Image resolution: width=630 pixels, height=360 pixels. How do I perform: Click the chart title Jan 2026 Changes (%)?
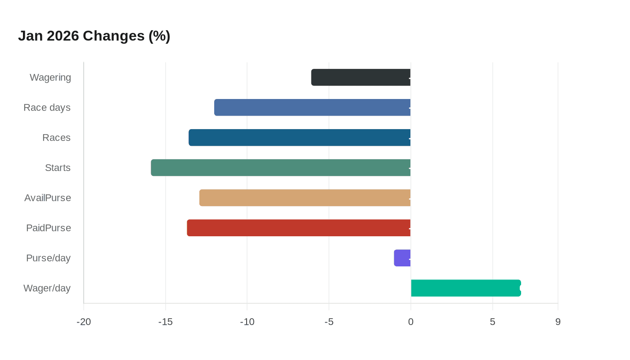click(x=94, y=36)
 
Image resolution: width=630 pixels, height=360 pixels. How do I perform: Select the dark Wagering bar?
click(x=361, y=77)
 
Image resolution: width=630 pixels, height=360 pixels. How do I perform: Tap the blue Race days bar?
click(x=312, y=108)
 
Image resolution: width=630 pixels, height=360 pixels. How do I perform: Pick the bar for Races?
click(x=300, y=138)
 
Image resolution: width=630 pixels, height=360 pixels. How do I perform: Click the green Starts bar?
click(x=281, y=168)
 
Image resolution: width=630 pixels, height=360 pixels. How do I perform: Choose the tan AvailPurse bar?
click(x=305, y=198)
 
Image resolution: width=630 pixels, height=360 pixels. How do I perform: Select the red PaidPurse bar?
click(x=299, y=228)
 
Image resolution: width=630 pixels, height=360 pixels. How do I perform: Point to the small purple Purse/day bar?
click(x=402, y=258)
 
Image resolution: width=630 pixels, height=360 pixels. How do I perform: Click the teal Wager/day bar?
click(x=466, y=288)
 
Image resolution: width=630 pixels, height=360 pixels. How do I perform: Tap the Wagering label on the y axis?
click(x=50, y=77)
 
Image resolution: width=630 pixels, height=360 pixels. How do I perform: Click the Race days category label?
click(x=47, y=108)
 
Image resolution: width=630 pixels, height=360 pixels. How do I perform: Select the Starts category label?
click(x=58, y=168)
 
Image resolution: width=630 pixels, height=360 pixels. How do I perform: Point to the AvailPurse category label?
click(x=48, y=198)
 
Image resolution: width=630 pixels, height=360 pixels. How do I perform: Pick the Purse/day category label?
click(x=48, y=258)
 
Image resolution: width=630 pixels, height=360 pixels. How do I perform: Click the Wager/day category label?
click(x=47, y=288)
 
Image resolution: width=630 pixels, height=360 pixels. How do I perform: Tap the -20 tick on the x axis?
click(x=84, y=322)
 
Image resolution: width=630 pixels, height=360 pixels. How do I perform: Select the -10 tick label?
click(x=247, y=322)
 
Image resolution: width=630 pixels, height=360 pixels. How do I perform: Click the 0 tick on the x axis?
click(x=410, y=322)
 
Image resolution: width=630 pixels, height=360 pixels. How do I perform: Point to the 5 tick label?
click(x=492, y=322)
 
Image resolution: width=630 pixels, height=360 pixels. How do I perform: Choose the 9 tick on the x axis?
click(x=558, y=322)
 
